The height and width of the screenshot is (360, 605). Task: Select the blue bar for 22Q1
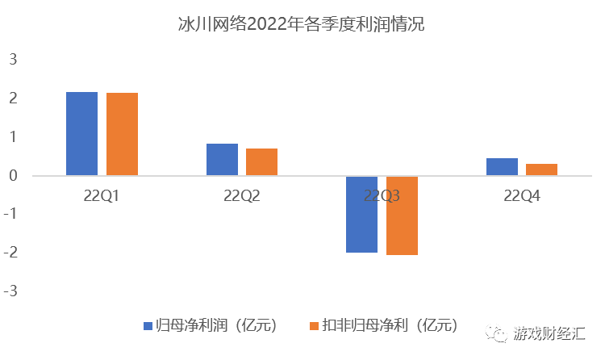[x=81, y=133]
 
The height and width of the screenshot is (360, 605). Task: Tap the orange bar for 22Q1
[x=122, y=134]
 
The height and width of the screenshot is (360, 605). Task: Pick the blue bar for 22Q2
[x=222, y=159]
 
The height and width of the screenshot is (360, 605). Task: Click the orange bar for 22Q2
[x=261, y=161]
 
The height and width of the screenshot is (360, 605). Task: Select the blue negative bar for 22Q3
[x=361, y=214]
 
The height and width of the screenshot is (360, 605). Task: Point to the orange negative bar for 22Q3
[x=402, y=216]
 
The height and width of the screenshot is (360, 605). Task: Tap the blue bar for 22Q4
[x=502, y=166]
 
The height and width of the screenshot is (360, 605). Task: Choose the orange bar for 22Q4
[x=541, y=170]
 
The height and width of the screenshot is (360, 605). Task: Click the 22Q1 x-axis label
[x=102, y=196]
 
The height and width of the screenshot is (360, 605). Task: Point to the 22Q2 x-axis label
[x=241, y=196]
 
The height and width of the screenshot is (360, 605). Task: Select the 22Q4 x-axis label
[x=521, y=196]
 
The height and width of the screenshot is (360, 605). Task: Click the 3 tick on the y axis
[x=13, y=60]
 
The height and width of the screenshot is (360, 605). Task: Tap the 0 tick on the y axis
[x=13, y=176]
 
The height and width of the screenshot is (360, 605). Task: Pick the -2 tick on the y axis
[x=10, y=253]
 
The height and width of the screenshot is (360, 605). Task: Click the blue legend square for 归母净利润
[x=148, y=326]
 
